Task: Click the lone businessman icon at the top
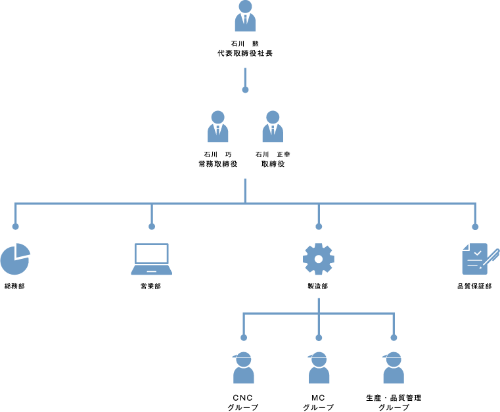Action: point(245,16)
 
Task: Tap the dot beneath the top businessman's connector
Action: point(245,89)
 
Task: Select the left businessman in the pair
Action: point(218,127)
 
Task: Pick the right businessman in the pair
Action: point(273,127)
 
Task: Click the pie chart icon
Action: point(14,260)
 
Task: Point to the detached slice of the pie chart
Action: point(24,250)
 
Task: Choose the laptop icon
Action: point(152,259)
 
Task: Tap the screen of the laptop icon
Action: point(152,254)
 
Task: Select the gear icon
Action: point(319,259)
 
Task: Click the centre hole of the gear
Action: point(319,259)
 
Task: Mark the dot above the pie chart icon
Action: point(15,227)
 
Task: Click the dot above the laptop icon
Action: point(152,227)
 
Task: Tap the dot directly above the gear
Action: point(319,227)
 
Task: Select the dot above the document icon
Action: point(475,227)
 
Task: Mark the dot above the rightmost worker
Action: point(394,338)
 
